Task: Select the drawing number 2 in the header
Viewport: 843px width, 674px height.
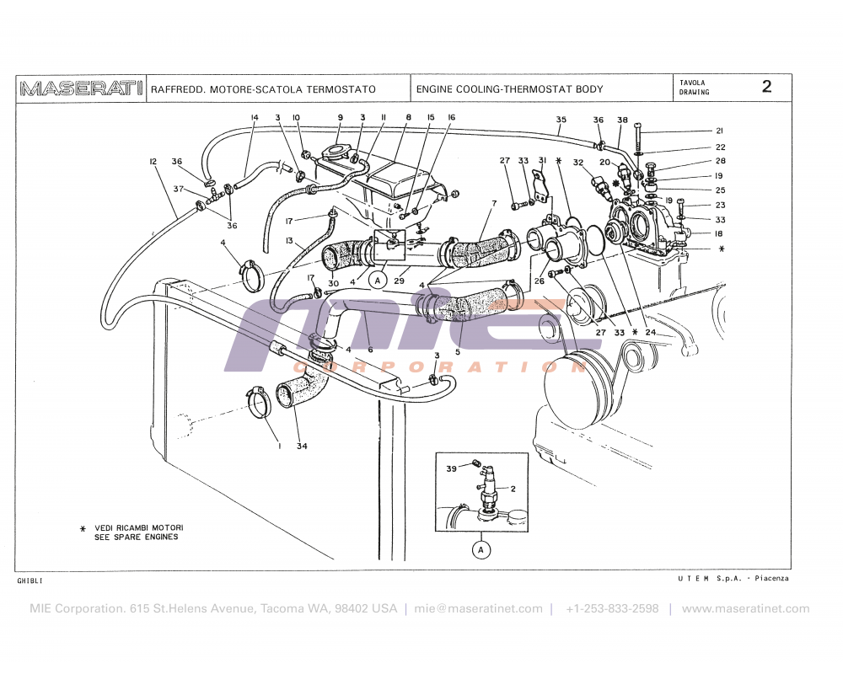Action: [766, 87]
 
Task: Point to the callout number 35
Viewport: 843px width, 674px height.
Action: [561, 120]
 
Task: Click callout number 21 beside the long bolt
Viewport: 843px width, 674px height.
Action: [719, 131]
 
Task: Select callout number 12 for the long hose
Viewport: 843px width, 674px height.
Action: [153, 161]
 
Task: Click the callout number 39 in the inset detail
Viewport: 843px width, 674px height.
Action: [451, 468]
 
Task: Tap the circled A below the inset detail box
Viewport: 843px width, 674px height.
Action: [481, 550]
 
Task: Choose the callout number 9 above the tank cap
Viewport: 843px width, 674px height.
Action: [341, 117]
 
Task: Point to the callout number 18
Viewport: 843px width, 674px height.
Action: [719, 233]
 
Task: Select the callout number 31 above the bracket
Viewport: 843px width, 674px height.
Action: [543, 161]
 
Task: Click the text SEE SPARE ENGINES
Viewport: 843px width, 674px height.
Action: [136, 537]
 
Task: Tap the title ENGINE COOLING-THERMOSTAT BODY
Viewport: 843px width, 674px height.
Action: [510, 89]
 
